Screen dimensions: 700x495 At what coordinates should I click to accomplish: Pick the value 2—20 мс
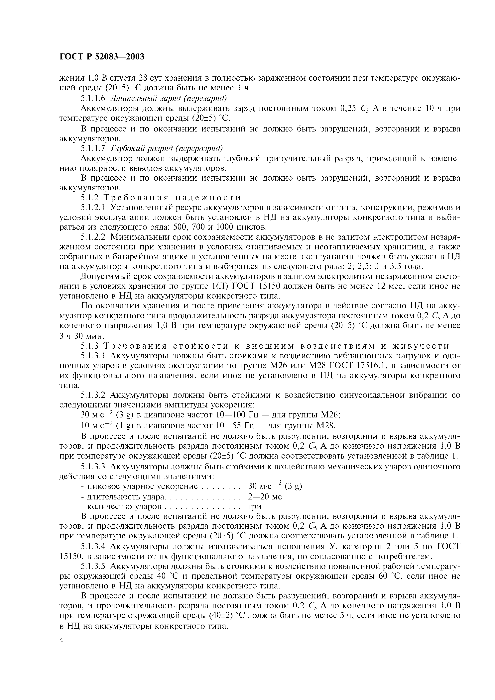pos(265,497)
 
